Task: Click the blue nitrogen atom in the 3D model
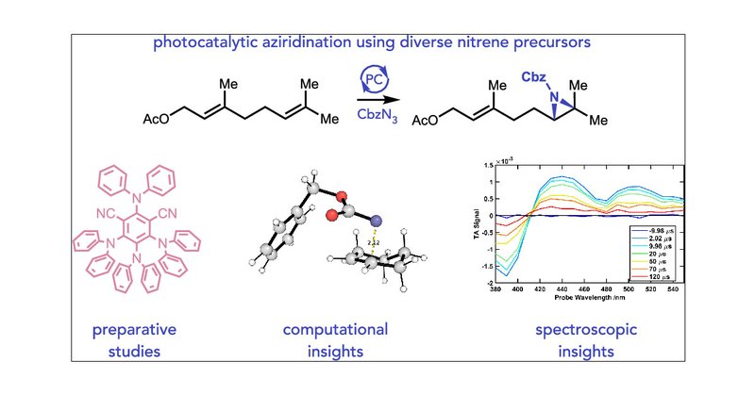click(376, 222)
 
